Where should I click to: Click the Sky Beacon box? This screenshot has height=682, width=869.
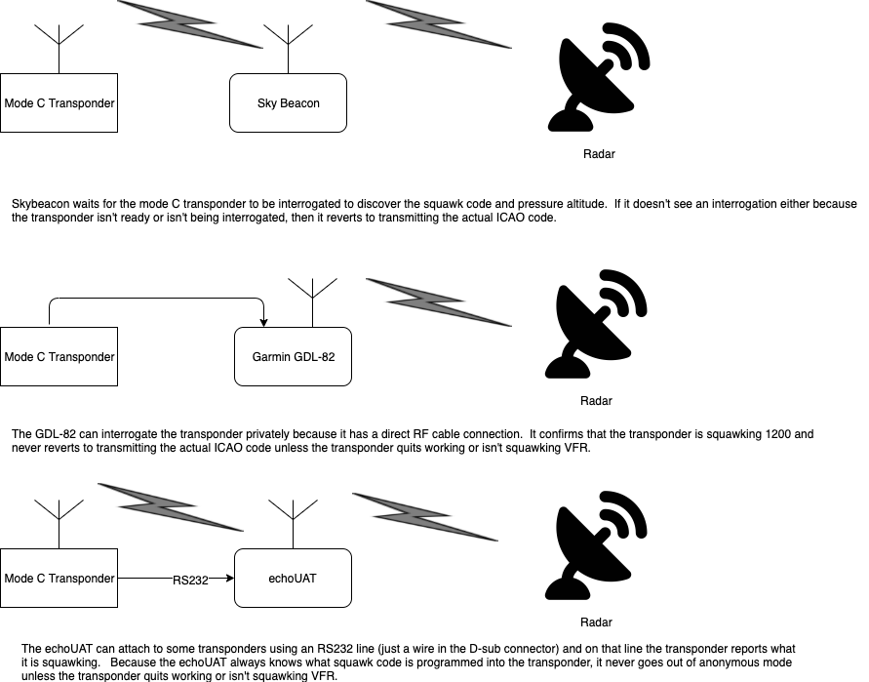(288, 102)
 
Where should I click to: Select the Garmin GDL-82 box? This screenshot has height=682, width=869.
(293, 356)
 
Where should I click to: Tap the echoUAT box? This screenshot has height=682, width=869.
(293, 579)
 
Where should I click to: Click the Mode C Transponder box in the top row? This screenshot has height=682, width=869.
(59, 102)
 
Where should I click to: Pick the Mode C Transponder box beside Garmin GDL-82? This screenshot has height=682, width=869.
(59, 356)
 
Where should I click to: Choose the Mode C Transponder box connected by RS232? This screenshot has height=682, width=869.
(59, 579)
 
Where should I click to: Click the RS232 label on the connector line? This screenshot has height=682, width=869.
(190, 580)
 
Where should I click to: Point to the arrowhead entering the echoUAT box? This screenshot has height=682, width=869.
(230, 579)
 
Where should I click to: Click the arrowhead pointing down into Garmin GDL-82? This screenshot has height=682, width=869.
(263, 323)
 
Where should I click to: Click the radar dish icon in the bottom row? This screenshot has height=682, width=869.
(596, 548)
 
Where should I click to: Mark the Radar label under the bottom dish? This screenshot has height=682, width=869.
(597, 622)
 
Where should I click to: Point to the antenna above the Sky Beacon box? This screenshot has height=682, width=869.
(288, 44)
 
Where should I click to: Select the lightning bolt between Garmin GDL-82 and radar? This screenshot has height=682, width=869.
(439, 301)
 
